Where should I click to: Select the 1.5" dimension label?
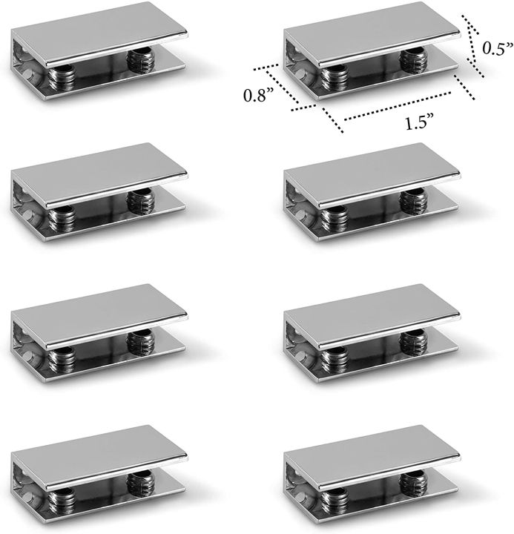420,124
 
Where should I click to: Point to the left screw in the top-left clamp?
62,74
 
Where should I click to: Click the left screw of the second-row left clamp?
62,216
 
